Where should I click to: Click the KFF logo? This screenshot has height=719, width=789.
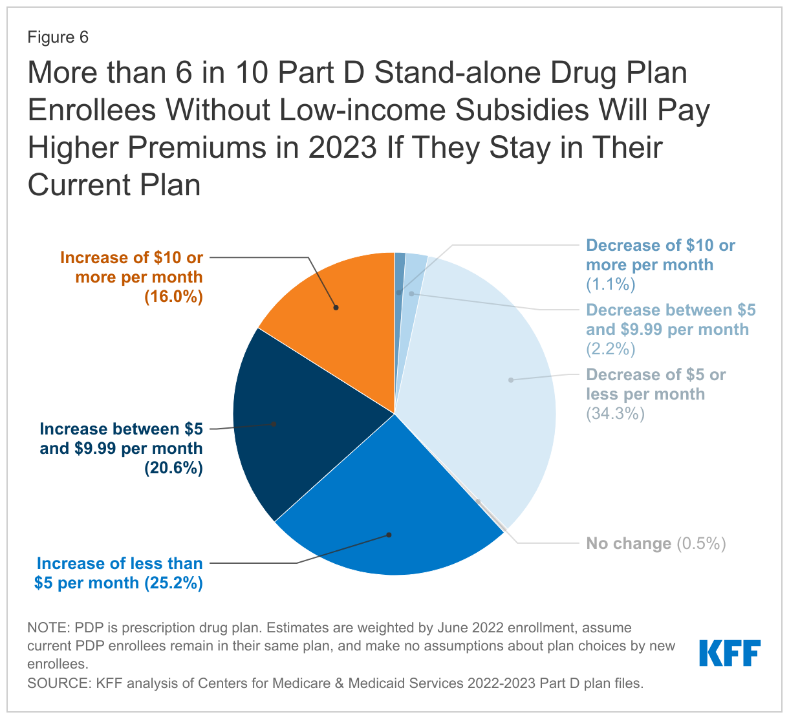[x=730, y=653]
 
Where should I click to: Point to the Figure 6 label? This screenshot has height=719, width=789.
[x=58, y=38]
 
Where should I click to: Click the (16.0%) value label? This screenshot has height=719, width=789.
[x=173, y=297]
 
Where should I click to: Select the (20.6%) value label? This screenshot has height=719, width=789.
[x=173, y=468]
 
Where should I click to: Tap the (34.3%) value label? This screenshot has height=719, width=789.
[x=615, y=414]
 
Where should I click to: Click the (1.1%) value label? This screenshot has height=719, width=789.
[x=611, y=284]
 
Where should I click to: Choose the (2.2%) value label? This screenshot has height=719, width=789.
[x=611, y=349]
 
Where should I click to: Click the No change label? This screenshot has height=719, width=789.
[x=629, y=544]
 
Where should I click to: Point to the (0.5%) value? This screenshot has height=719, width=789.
[x=701, y=544]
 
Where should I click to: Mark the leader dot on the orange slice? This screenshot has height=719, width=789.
[x=336, y=308]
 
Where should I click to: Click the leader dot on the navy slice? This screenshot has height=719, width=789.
[x=274, y=424]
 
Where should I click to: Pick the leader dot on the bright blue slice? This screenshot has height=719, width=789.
[x=389, y=535]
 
